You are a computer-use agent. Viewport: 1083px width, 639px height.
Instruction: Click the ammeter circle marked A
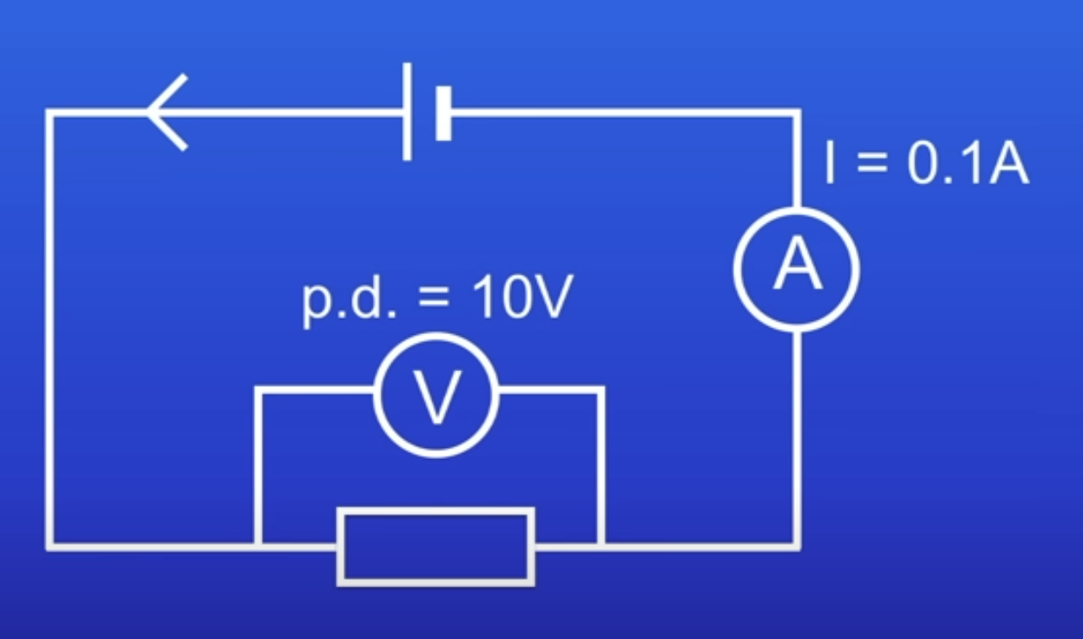(x=796, y=268)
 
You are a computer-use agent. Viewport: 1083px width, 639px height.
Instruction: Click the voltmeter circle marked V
(x=436, y=394)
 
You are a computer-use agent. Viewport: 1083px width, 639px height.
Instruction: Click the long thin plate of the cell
(x=406, y=112)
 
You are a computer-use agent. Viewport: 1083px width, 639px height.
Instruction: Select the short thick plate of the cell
(x=443, y=113)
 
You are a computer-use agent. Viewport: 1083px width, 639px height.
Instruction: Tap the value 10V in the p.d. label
(x=520, y=300)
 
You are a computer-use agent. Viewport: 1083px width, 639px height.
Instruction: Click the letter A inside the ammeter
(x=796, y=268)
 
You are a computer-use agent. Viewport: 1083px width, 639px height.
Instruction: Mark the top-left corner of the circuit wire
(x=50, y=113)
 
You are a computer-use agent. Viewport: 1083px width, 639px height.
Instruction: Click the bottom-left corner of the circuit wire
(x=50, y=545)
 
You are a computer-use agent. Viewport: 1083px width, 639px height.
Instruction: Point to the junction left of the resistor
(x=257, y=545)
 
